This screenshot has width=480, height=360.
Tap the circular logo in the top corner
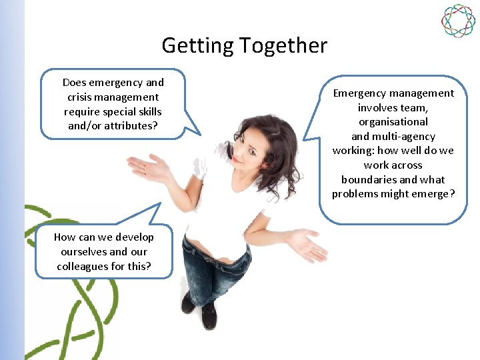tap(458, 21)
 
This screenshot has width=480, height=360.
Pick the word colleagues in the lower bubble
tap(81, 266)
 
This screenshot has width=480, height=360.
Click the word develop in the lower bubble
tap(134, 237)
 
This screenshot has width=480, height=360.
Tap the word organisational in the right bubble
tap(393, 122)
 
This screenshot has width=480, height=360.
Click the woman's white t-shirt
tap(220, 207)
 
